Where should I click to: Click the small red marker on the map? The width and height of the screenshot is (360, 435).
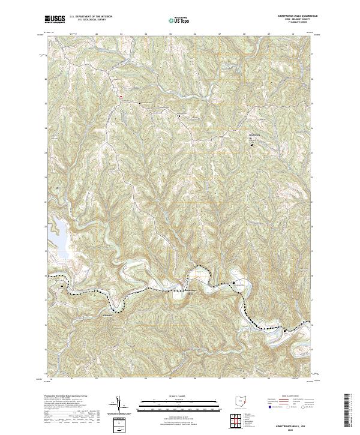pyautogui.click(x=120, y=96)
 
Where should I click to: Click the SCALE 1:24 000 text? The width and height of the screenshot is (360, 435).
pyautogui.click(x=171, y=396)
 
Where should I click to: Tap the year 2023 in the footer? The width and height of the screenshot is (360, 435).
pyautogui.click(x=289, y=428)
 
